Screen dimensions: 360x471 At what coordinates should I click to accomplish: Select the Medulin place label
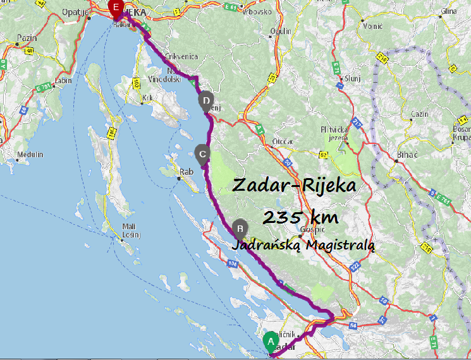tap(30, 155)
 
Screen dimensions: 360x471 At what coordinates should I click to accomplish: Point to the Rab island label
tap(186, 171)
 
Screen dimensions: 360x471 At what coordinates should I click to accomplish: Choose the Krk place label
tap(148, 98)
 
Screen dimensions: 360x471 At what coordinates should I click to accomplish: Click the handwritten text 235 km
tap(300, 217)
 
